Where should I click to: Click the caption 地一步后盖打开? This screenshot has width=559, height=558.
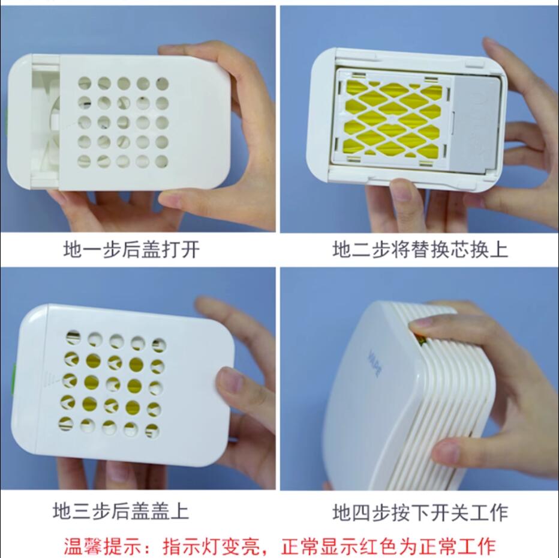(x=131, y=249)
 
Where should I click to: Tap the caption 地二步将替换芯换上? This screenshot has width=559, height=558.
(x=420, y=249)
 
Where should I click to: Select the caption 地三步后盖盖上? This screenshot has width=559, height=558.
(x=121, y=511)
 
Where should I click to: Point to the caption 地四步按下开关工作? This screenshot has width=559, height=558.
(x=420, y=513)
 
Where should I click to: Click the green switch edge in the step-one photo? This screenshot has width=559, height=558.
(x=8, y=121)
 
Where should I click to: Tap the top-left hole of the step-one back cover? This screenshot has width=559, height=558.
(x=85, y=83)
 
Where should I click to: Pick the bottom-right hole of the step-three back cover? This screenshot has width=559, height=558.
(x=152, y=431)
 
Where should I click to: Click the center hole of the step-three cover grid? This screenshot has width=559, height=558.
(x=113, y=384)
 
